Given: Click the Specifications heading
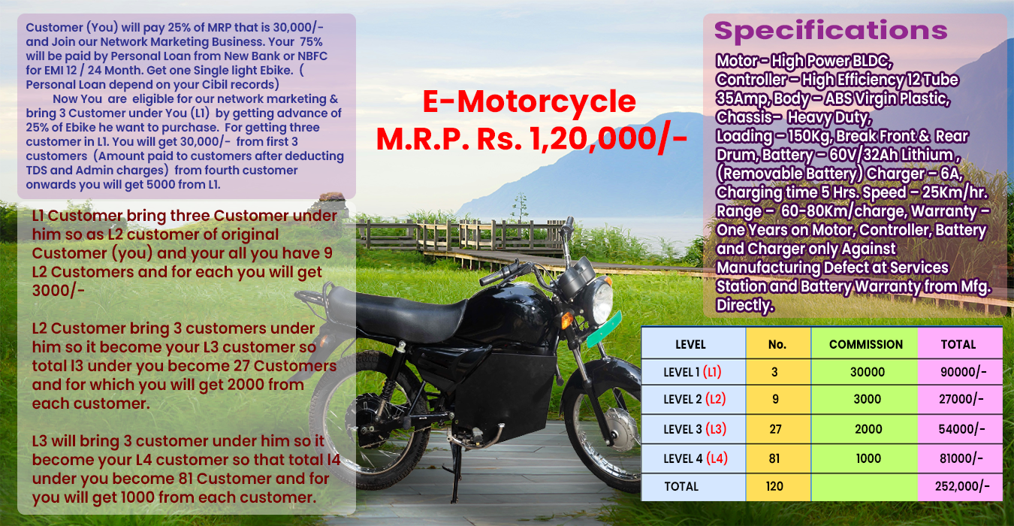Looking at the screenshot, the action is (x=831, y=31).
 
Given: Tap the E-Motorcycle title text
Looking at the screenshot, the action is (x=530, y=101).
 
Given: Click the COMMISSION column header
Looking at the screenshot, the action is (x=865, y=344).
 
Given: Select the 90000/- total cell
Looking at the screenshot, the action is (x=963, y=372).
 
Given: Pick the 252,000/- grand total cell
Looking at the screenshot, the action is (x=962, y=487).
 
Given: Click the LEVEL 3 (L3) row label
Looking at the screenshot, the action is (x=695, y=428).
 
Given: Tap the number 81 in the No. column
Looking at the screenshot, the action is (x=774, y=458).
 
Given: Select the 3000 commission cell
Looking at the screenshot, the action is (x=868, y=399).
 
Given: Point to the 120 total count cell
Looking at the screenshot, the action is (x=774, y=487).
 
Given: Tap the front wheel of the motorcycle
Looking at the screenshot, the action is (x=605, y=422).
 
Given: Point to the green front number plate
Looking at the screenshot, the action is (x=605, y=330).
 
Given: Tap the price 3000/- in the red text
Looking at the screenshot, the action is (x=59, y=291).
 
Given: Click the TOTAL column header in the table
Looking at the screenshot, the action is (x=958, y=344).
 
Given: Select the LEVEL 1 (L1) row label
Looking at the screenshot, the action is (x=692, y=372).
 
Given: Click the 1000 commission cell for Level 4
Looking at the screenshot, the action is (x=868, y=458).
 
